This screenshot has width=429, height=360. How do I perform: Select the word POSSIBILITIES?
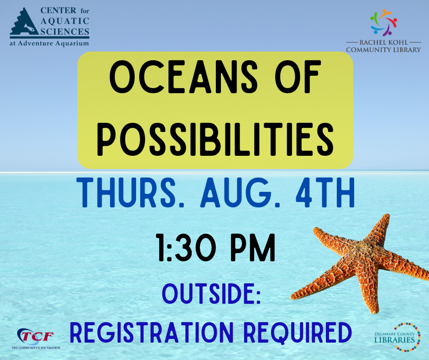(215, 139)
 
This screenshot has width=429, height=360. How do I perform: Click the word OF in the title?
(298, 77)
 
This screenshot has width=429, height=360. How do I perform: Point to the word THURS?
(126, 193)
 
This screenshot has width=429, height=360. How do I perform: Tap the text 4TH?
(325, 193)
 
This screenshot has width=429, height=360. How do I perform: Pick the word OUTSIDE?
(211, 293)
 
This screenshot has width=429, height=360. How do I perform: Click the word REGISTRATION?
(152, 333)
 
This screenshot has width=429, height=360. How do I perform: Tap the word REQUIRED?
(298, 333)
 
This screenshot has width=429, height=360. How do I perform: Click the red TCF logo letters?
(37, 336)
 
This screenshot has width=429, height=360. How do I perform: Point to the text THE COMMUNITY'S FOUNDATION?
(36, 348)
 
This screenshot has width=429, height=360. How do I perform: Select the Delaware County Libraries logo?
(398, 337)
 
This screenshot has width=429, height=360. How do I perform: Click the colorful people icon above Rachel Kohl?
(383, 22)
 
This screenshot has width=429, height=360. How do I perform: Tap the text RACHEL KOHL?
(383, 42)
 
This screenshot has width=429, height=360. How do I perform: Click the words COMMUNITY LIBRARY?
(383, 50)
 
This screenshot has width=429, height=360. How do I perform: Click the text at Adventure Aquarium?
(49, 43)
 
